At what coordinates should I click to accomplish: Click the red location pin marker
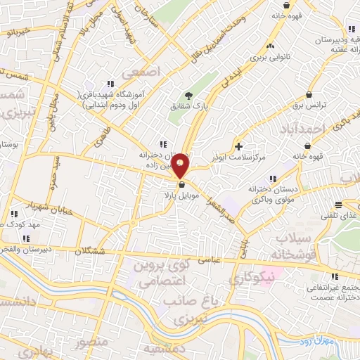181,165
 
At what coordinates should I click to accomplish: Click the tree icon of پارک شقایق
188,96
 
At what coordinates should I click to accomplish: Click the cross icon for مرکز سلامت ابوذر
240,146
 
